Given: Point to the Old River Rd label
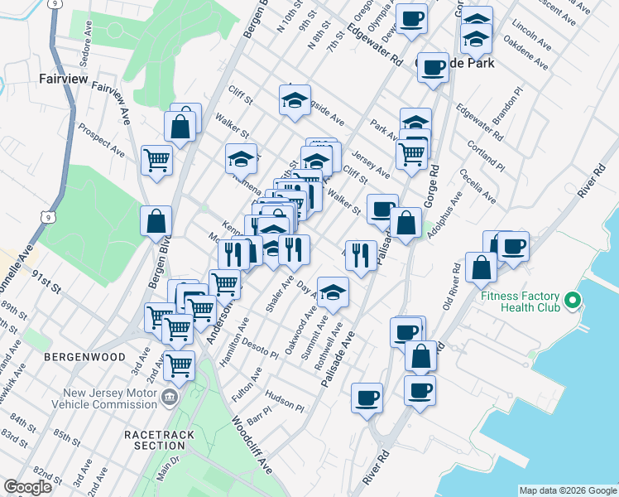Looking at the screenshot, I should pyautogui.click(x=452, y=285).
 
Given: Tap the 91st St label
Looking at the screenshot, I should pyautogui.click(x=46, y=280).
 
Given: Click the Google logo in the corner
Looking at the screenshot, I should pyautogui.click(x=27, y=487).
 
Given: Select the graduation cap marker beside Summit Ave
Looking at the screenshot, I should pyautogui.click(x=333, y=292).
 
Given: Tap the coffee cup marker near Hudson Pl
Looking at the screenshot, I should pyautogui.click(x=367, y=398).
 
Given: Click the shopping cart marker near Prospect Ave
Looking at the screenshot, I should pyautogui.click(x=156, y=160).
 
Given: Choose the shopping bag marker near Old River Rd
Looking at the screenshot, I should pyautogui.click(x=481, y=267).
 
